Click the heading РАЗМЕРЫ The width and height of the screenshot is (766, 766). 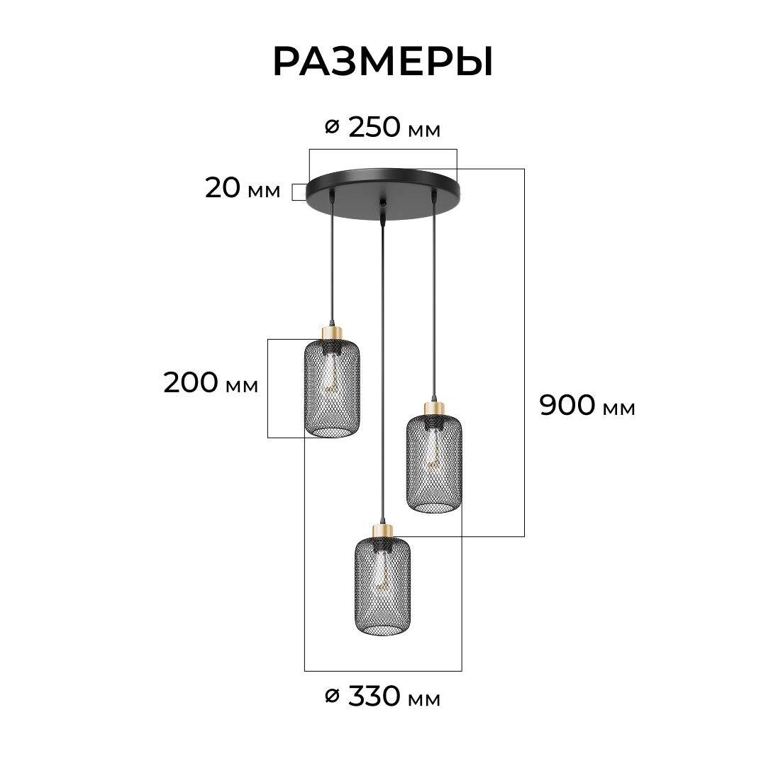coord(383,62)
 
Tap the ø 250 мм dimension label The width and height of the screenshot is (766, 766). coord(383,128)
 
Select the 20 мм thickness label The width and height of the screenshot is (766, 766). coord(243,188)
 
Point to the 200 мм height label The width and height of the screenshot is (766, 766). coord(211,382)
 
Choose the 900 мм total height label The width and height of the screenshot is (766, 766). coord(587,405)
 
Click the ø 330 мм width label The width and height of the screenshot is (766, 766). coord(383,696)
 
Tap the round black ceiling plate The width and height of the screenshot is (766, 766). coord(383,194)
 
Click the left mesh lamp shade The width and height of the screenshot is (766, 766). coord(332,389)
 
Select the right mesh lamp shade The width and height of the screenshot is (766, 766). coord(434,464)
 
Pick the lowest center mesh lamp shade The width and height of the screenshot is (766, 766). coord(382,587)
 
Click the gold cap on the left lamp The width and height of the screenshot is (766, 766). coord(332,333)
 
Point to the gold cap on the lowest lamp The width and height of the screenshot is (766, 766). coord(382,531)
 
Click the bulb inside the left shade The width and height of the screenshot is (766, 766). coord(332,379)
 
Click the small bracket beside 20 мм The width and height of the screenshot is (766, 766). coord(299,192)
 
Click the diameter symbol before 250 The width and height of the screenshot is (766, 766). coord(332,128)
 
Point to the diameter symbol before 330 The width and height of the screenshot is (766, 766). coord(332,696)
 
